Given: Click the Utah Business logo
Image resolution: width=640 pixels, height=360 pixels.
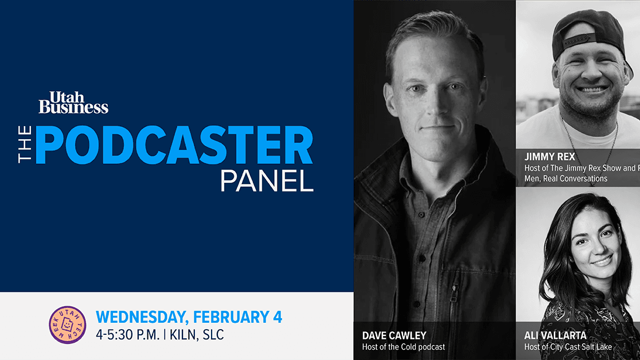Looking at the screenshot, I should [73, 102].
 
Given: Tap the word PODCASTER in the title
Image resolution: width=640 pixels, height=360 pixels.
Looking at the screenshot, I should [174, 146].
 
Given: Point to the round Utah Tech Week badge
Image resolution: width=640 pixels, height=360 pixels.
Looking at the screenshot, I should [68, 325].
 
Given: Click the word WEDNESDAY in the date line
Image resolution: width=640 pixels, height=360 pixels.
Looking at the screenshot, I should [143, 316].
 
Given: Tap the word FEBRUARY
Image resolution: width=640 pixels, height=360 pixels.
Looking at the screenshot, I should [231, 316].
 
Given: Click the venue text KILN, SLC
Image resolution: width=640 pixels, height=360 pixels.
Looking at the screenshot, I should [196, 335].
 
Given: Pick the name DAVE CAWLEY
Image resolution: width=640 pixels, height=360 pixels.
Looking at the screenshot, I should [395, 335].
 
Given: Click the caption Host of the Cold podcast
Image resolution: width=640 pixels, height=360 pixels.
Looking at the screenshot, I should [403, 347].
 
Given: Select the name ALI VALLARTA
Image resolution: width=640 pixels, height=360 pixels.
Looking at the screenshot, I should [555, 335].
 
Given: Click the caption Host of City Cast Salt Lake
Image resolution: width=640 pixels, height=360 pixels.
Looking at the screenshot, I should [568, 347].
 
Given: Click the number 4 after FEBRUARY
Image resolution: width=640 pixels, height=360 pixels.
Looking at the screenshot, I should [277, 316].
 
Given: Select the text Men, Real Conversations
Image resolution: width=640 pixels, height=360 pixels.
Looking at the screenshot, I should [565, 178].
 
